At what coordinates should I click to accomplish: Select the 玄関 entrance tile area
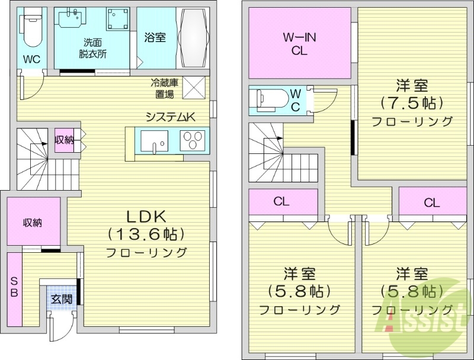coord(60,299)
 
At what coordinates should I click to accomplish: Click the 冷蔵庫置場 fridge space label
coord(162,88)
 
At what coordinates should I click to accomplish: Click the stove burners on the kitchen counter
coord(193,141)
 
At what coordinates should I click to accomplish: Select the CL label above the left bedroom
coord(281,201)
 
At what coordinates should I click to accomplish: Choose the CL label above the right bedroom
coord(431,202)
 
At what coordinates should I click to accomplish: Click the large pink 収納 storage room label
coord(33,223)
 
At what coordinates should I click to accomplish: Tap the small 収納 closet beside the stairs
coord(65,140)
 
